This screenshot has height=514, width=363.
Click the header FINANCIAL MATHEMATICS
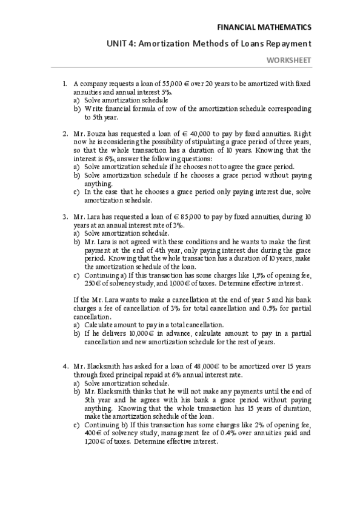tap(264, 27)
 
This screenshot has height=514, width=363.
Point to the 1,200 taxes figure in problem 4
tap(84, 441)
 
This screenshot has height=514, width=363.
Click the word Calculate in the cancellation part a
tap(101, 324)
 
